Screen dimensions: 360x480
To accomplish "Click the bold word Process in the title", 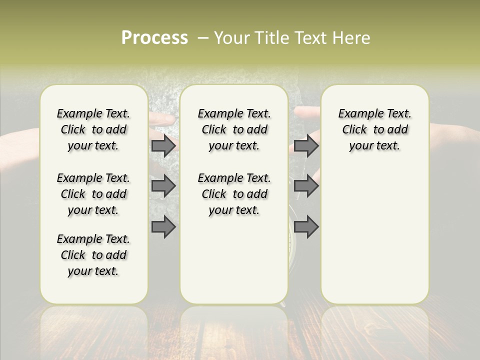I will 154,38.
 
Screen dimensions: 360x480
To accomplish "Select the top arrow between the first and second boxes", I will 163,145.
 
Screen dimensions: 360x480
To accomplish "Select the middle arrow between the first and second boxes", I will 163,186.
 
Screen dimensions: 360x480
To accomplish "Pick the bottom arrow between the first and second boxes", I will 163,227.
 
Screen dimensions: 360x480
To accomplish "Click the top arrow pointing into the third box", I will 306,145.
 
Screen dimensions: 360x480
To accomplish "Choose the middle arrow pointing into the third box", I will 306,186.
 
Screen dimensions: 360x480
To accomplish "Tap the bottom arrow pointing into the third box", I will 306,227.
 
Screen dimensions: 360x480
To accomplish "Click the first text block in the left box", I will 93,129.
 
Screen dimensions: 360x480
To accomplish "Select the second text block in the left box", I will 93,194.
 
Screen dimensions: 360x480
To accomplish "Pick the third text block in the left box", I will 93,255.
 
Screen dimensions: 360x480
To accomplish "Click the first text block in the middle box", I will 234,129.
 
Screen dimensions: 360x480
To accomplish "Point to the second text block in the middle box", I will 234,194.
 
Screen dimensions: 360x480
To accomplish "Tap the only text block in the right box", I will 375,129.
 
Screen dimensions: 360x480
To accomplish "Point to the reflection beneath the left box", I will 94,330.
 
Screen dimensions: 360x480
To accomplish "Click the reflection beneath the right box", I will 375,330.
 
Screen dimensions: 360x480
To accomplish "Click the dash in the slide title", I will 203,38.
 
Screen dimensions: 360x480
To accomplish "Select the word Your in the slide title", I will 232,38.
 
